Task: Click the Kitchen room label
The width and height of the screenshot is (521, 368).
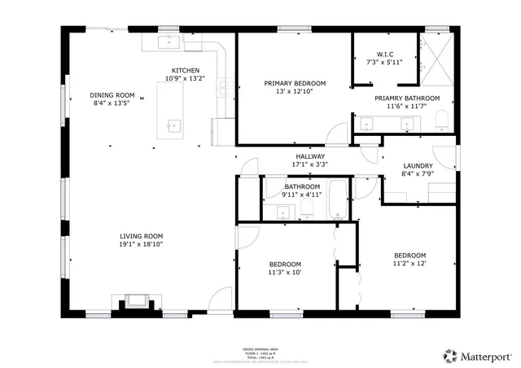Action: (x=186, y=70)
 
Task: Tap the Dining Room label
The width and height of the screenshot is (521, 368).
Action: (x=112, y=95)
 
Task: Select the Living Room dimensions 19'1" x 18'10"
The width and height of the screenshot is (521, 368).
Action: (x=142, y=243)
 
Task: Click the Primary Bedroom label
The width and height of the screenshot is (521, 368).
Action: (x=295, y=83)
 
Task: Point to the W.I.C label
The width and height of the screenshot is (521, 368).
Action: (x=384, y=55)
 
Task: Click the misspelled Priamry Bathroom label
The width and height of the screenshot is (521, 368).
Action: (x=407, y=99)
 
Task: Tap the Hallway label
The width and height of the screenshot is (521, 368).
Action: (x=309, y=156)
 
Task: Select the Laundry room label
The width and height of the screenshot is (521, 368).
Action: (x=418, y=166)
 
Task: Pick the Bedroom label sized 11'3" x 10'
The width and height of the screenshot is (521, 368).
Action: (x=286, y=264)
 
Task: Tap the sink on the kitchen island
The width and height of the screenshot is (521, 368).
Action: (x=173, y=125)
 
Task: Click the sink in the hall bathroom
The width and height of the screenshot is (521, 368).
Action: (x=282, y=212)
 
